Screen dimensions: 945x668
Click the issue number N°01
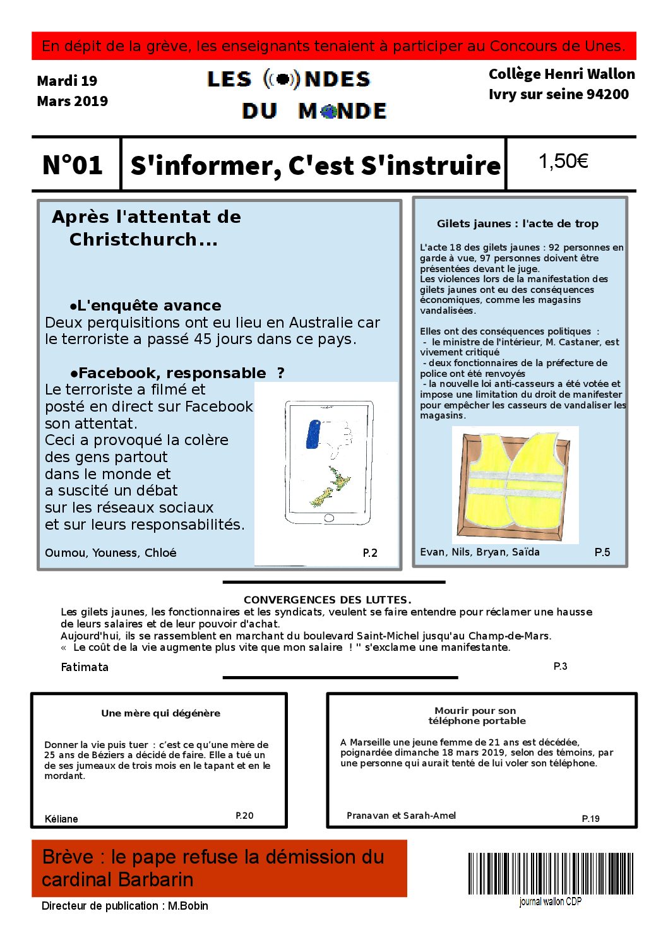(x=73, y=165)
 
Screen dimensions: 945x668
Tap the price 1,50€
(x=563, y=162)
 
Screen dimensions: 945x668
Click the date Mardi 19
(x=67, y=81)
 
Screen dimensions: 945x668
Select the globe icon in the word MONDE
(x=328, y=112)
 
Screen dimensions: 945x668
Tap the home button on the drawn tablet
(x=328, y=518)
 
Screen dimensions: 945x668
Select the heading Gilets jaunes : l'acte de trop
(x=517, y=223)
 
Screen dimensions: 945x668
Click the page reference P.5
(x=602, y=552)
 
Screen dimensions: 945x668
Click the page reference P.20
(x=244, y=816)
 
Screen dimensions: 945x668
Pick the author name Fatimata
(x=85, y=667)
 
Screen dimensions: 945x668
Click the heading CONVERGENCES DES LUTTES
(x=327, y=600)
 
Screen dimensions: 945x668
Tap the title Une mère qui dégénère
(x=160, y=713)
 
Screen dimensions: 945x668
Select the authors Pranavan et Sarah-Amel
(x=401, y=816)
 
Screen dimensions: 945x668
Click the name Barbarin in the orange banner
(x=155, y=879)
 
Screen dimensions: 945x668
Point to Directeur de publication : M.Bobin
(x=124, y=906)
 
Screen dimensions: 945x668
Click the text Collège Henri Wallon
(x=561, y=74)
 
